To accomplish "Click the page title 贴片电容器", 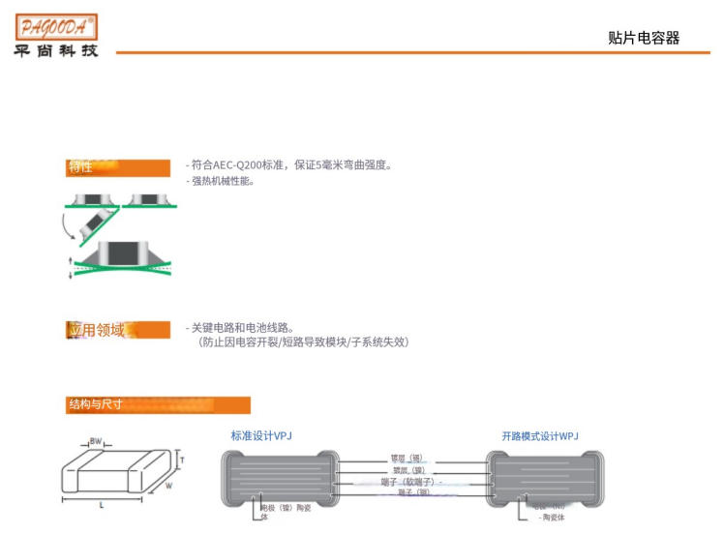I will [644, 38].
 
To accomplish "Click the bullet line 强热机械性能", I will [222, 181].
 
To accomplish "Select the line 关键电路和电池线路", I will [242, 327].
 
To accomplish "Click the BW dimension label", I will [95, 441].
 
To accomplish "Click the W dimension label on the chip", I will [169, 487].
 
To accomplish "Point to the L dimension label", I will [103, 505].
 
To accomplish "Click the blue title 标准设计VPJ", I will [261, 436].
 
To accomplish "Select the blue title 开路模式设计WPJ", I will [540, 436].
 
